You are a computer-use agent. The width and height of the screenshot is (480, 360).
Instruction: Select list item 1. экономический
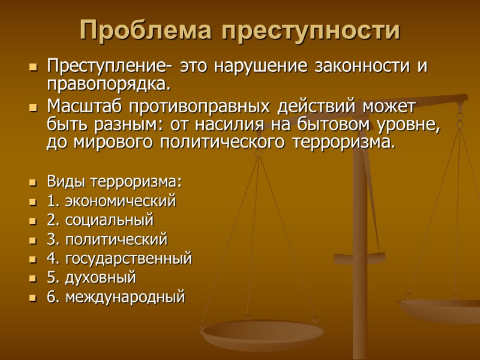[x=111, y=201]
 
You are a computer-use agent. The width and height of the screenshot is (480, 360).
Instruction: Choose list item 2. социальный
[x=100, y=220]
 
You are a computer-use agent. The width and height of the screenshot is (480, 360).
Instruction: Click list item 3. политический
[x=107, y=239]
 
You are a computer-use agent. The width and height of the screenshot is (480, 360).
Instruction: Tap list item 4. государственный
[x=119, y=259]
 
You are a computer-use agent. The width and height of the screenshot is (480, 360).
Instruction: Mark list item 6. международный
[x=115, y=296]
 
